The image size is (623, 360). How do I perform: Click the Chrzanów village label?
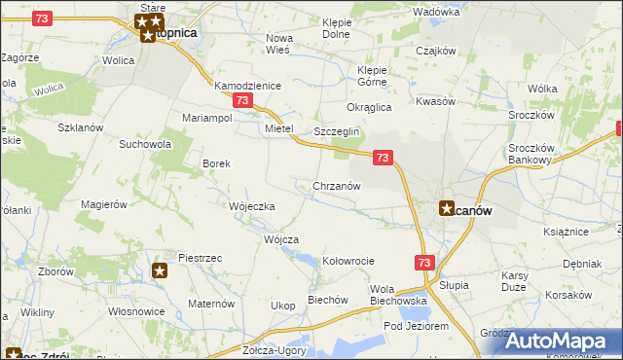337,186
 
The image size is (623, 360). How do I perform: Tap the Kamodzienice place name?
247,86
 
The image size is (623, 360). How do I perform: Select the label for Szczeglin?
337,132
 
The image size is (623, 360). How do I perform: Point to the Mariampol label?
206,118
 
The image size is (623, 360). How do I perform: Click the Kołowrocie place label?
348,261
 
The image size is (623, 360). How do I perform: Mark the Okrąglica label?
369,107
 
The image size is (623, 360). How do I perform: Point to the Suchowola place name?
145,144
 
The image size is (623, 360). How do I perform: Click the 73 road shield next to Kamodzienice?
243,101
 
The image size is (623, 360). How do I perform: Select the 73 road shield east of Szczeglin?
383,157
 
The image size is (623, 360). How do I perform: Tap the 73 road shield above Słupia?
423,263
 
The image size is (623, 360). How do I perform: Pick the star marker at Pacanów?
447,207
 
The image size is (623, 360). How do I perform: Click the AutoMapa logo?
550,340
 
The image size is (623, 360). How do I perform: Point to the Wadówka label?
435,12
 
